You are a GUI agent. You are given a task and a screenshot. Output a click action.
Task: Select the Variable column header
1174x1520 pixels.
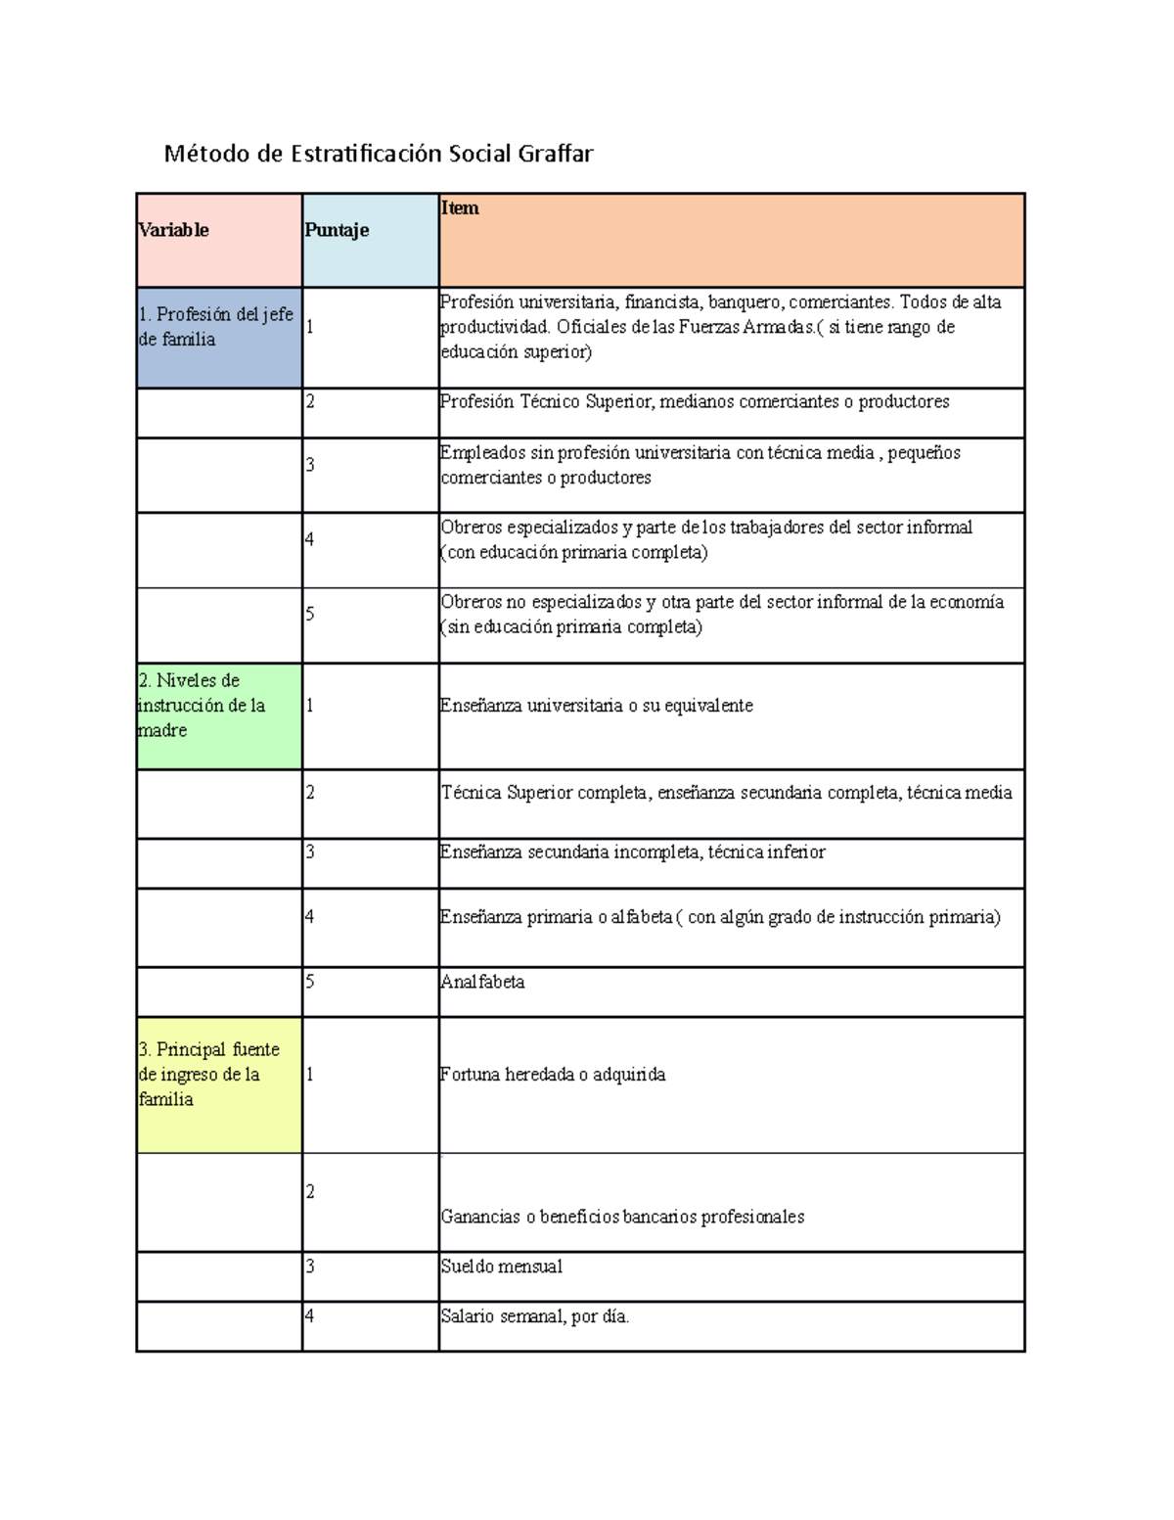[174, 230]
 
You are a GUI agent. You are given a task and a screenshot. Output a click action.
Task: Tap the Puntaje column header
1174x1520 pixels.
[337, 230]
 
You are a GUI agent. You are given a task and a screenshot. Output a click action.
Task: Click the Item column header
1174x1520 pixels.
[460, 207]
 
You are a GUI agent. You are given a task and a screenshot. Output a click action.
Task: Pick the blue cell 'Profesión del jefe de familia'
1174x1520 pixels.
[216, 327]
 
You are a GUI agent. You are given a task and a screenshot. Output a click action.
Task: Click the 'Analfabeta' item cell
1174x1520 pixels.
[483, 982]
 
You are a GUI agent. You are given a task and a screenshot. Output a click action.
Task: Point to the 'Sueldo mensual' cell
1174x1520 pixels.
[502, 1267]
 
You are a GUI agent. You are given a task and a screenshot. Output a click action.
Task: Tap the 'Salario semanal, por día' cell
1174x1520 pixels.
[535, 1316]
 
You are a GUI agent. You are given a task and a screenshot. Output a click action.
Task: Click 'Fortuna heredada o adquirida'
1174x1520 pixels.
[553, 1075]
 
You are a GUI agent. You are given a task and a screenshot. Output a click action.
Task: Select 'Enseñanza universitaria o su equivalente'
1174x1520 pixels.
[597, 706]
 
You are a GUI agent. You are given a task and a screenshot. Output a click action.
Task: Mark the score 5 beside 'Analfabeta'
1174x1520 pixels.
[310, 982]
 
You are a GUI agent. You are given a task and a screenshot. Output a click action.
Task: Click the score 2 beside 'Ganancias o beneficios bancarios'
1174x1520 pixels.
[310, 1191]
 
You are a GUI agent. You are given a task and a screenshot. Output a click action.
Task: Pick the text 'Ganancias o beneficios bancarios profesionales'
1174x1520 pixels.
[622, 1217]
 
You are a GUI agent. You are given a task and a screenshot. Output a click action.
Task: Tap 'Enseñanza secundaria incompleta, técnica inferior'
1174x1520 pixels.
[633, 852]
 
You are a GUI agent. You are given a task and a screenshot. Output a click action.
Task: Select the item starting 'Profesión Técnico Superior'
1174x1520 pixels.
[695, 401]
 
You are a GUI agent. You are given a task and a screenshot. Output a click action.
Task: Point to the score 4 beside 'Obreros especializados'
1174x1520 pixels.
[310, 539]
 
